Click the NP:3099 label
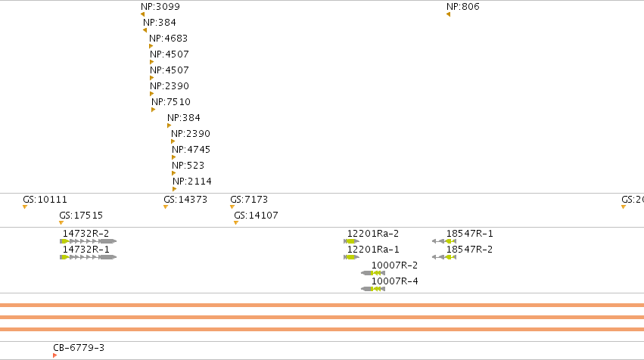(x=160, y=7)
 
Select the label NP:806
(x=463, y=7)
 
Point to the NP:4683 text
(x=169, y=39)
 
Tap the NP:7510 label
(x=171, y=102)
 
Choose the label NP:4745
(x=191, y=150)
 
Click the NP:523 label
(x=188, y=166)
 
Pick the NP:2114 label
(x=192, y=182)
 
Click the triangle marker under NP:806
(x=449, y=14)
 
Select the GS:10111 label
(x=45, y=200)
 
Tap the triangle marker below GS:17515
(x=61, y=223)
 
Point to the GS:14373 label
(x=185, y=200)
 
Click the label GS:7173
(x=249, y=200)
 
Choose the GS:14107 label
(x=256, y=216)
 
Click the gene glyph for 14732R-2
(x=89, y=241)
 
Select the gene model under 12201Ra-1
(x=352, y=257)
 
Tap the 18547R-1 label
(x=469, y=234)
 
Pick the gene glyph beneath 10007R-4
(x=373, y=289)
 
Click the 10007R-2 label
(x=394, y=265)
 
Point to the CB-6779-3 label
(x=79, y=348)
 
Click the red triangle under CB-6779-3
(x=55, y=355)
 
